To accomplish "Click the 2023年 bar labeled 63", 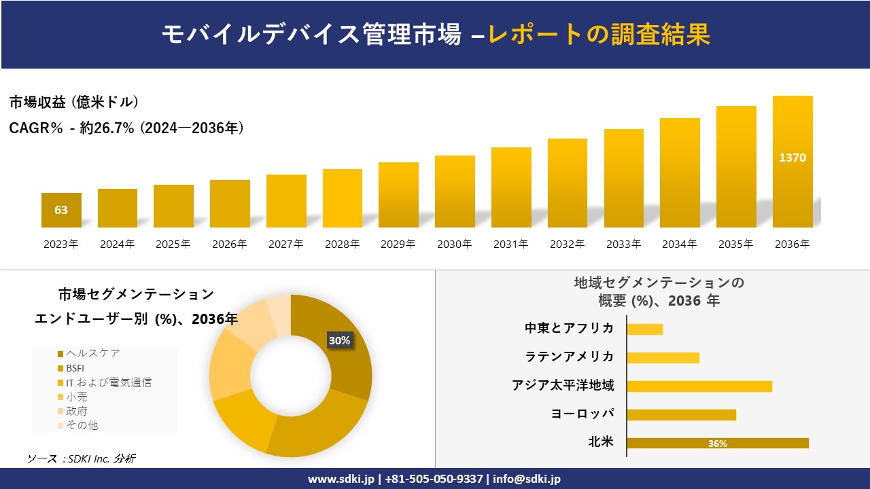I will (x=61, y=210).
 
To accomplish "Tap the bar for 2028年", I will (x=343, y=198).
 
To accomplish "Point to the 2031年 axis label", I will (x=510, y=244).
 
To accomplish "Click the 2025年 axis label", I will (x=173, y=244).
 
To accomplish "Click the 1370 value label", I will (x=793, y=158).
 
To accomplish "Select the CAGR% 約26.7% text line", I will (x=126, y=128).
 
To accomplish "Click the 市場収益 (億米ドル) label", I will (x=74, y=103).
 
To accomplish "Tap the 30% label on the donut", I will (x=339, y=340).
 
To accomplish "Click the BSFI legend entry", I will (x=75, y=368).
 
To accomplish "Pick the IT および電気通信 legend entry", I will (x=108, y=382).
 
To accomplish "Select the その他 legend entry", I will (x=82, y=425).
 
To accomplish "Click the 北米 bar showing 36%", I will (x=718, y=443).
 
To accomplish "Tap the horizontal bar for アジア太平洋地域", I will (x=699, y=386).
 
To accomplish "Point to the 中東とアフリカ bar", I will (x=644, y=329).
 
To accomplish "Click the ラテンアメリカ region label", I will (x=570, y=357).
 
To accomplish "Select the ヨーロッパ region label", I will (x=582, y=414).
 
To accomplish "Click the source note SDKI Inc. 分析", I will (x=81, y=459).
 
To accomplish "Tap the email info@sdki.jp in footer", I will (x=527, y=479).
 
